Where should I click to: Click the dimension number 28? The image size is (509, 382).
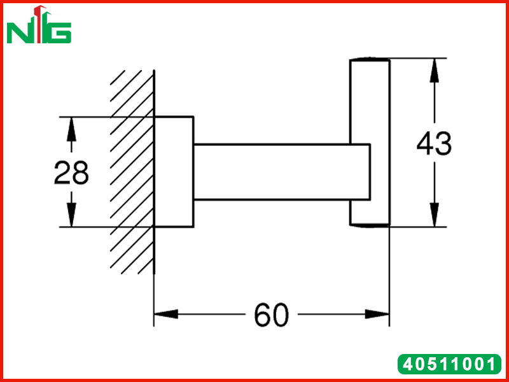71,173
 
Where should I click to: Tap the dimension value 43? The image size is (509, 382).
434,143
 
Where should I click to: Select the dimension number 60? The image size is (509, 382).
271,315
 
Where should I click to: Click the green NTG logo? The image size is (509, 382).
39,25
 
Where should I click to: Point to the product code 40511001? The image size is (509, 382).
449,364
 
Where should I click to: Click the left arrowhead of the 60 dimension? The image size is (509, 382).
166,314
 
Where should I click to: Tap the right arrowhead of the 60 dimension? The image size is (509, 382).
377,314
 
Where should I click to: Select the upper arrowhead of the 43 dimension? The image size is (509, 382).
434,71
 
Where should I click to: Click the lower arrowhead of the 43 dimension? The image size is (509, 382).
434,215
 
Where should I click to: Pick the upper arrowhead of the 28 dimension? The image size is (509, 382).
71,129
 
